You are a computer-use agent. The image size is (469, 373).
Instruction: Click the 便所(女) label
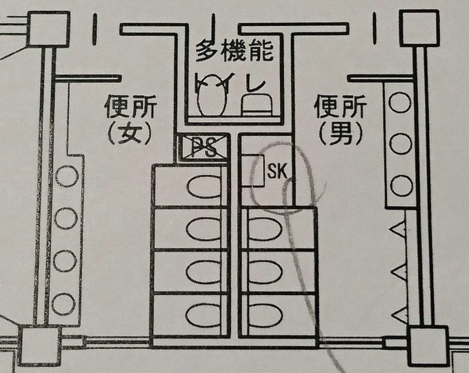pyautogui.click(x=130, y=118)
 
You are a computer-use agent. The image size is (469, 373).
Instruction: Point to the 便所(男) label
pyautogui.click(x=339, y=118)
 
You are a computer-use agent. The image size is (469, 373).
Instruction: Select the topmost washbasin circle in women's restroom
pyautogui.click(x=67, y=177)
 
